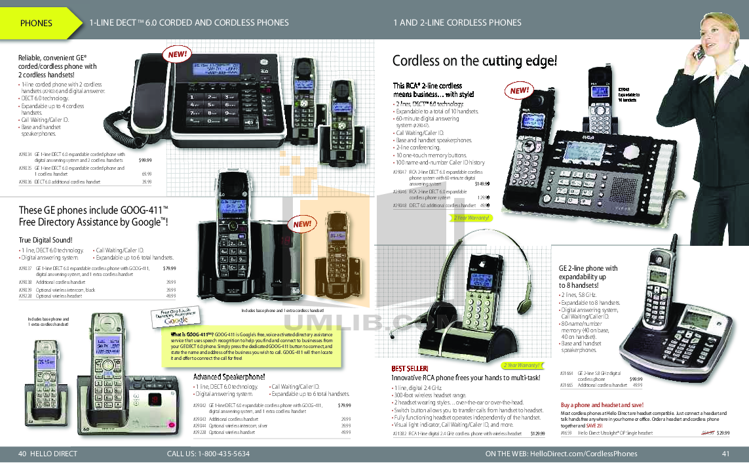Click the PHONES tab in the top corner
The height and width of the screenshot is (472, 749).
(x=36, y=23)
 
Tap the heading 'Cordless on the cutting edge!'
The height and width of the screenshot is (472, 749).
(x=474, y=61)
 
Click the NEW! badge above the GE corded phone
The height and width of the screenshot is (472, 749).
(x=178, y=55)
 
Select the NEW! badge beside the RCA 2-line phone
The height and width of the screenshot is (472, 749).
(x=519, y=90)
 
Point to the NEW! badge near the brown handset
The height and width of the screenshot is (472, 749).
(x=302, y=224)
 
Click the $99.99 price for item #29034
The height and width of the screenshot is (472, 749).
(x=145, y=160)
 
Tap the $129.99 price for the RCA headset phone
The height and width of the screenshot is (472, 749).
(x=537, y=433)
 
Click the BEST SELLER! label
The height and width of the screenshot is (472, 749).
(x=410, y=368)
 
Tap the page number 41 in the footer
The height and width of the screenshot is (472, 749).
(x=725, y=454)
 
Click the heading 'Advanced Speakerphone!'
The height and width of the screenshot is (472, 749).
(x=229, y=377)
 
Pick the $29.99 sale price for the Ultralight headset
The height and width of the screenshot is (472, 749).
(x=723, y=433)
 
